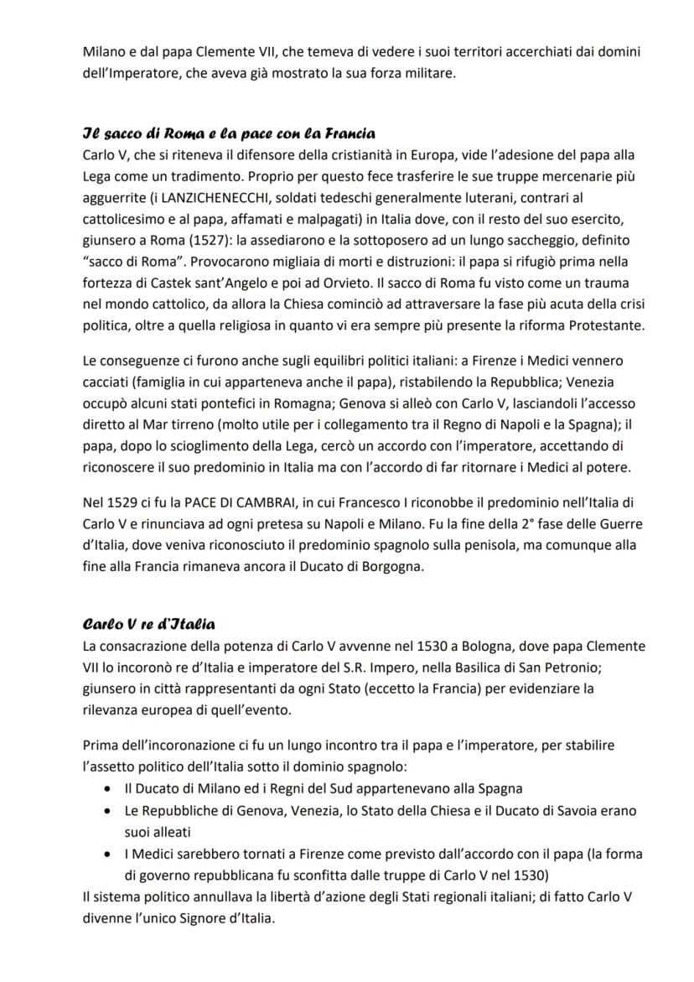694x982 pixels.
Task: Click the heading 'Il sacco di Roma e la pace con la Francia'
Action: click(228, 134)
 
